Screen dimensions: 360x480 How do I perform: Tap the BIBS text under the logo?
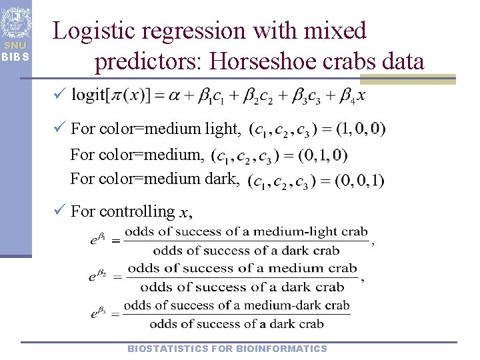(x=15, y=56)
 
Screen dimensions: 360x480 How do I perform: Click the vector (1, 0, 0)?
(x=361, y=127)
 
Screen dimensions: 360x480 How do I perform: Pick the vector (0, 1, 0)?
(x=323, y=156)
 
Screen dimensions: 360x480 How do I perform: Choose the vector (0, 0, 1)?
(x=360, y=180)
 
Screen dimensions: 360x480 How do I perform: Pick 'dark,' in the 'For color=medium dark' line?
(x=223, y=179)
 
